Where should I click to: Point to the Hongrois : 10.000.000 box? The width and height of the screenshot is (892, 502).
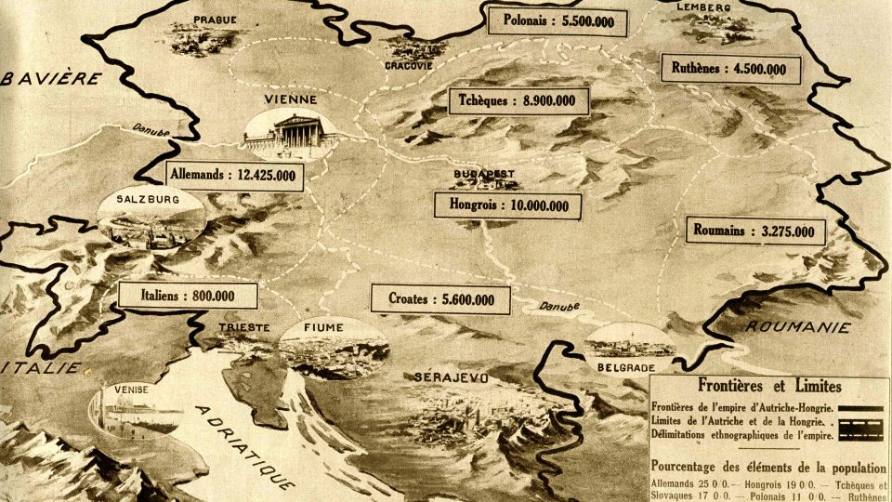pyautogui.click(x=509, y=205)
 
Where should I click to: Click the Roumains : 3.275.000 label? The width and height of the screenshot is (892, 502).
pyautogui.click(x=754, y=231)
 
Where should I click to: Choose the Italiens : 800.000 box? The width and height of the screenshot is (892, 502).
pyautogui.click(x=189, y=296)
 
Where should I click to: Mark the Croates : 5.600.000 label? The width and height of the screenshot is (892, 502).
pyautogui.click(x=441, y=299)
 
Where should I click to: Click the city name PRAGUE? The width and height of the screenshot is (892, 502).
pyautogui.click(x=215, y=19)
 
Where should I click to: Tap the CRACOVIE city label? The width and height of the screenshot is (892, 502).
pyautogui.click(x=411, y=65)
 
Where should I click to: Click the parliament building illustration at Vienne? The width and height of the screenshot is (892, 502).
pyautogui.click(x=290, y=132)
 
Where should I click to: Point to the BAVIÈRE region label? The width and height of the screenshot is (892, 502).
pyautogui.click(x=51, y=80)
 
